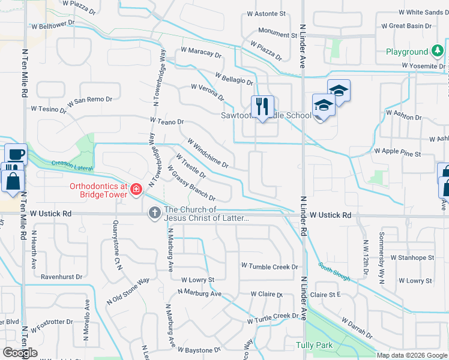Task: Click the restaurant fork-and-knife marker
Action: [262, 107]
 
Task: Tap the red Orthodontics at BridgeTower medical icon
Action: [137, 190]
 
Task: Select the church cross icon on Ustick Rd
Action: [154, 212]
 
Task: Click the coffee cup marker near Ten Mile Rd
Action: [16, 155]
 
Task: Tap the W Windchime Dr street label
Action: [208, 154]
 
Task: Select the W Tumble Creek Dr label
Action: [270, 266]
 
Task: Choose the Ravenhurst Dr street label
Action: [61, 277]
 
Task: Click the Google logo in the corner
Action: [20, 352]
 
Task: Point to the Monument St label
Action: [278, 35]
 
